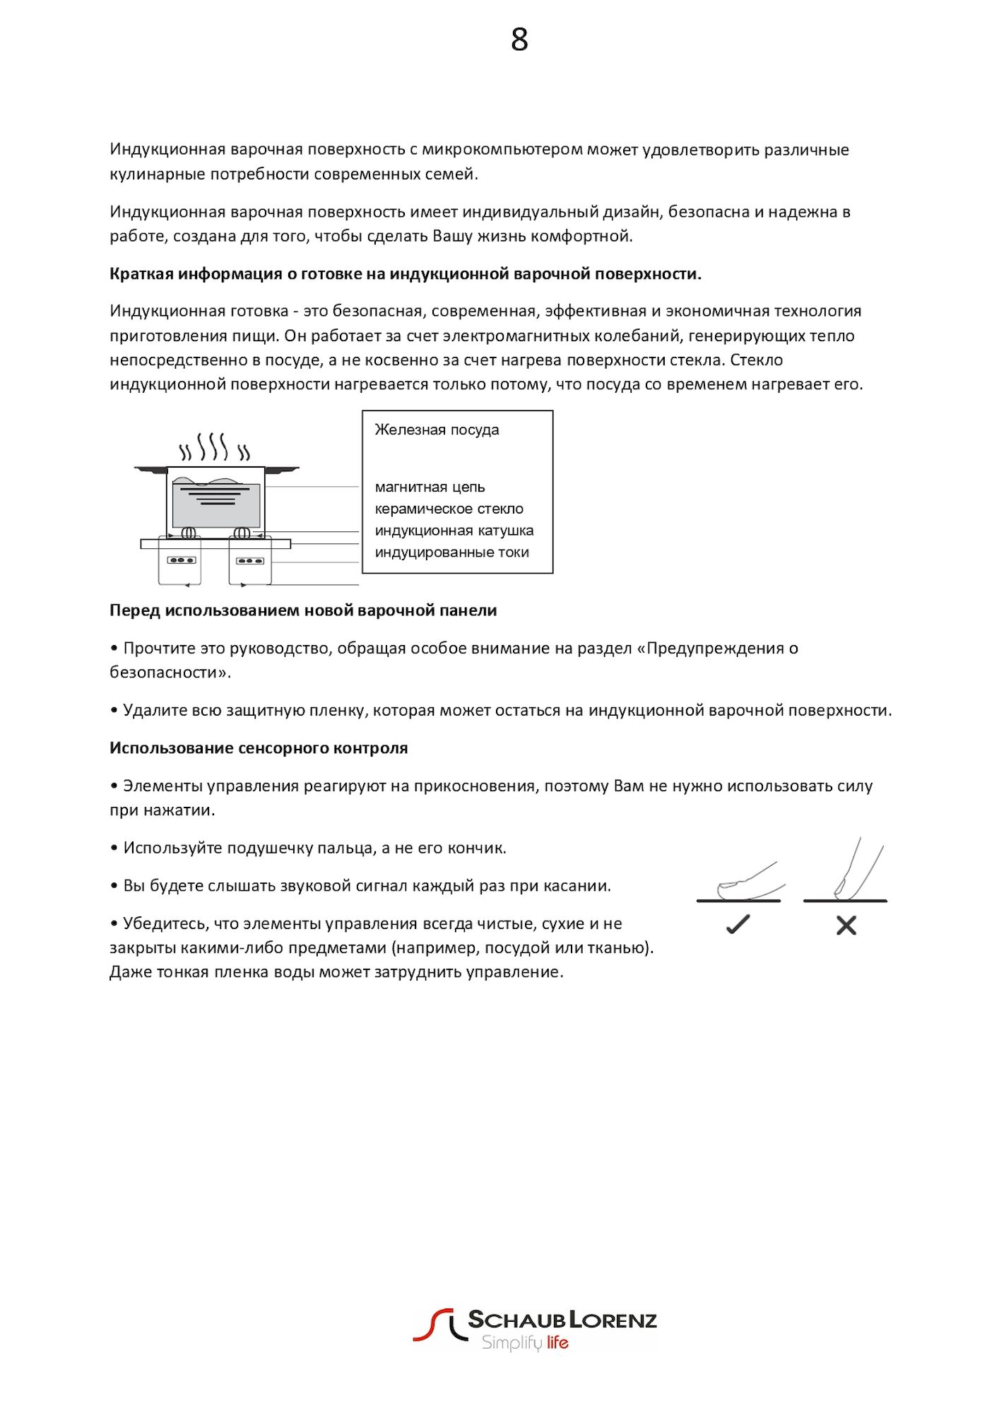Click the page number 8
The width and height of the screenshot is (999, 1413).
point(519,40)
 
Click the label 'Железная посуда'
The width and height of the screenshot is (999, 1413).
point(437,430)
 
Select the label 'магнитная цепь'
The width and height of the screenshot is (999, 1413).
point(430,487)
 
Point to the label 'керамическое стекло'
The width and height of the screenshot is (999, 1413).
point(449,509)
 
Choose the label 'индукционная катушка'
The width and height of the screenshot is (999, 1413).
point(454,531)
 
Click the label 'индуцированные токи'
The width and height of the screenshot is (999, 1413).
point(451,552)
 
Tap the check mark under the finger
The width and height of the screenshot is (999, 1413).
point(738,924)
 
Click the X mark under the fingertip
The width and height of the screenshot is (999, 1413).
point(846,926)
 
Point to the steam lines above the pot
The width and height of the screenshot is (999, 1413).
point(213,447)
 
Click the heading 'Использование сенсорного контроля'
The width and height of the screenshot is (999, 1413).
point(259,748)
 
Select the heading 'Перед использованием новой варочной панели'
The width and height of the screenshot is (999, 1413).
point(303,610)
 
